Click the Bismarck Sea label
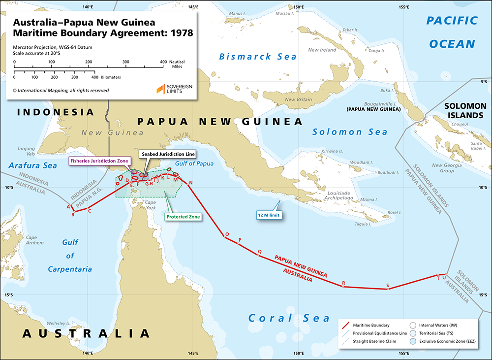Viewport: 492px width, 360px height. tap(258, 57)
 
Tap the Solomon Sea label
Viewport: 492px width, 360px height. tap(350, 132)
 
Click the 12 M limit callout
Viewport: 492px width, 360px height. tap(270, 215)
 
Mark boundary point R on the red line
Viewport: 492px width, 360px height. tap(343, 286)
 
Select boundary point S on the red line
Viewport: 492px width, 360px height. tap(388, 289)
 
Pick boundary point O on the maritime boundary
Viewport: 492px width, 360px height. tap(225, 238)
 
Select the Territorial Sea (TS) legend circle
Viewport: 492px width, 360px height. tap(413, 333)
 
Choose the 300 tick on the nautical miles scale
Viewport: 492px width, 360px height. tap(126, 62)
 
